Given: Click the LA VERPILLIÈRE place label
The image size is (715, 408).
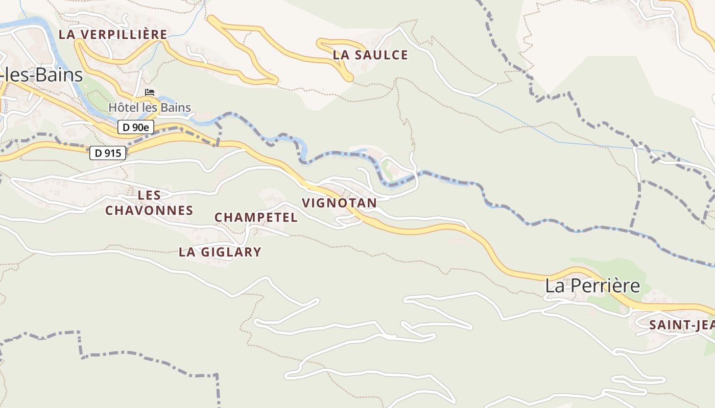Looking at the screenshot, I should pyautogui.click(x=113, y=34).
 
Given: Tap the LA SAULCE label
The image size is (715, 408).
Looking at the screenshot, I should pyautogui.click(x=370, y=55).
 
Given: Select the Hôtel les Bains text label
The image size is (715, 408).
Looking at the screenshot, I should pyautogui.click(x=150, y=108).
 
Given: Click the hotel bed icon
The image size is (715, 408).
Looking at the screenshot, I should pyautogui.click(x=149, y=92).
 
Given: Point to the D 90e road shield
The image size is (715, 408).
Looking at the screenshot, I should pyautogui.click(x=136, y=127).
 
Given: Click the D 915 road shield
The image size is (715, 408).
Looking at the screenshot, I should pyautogui.click(x=108, y=152).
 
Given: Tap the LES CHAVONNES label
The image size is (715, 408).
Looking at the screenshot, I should pyautogui.click(x=149, y=202).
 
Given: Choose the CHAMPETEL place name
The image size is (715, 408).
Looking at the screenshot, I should pyautogui.click(x=256, y=217).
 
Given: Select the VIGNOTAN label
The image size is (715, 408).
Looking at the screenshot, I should pyautogui.click(x=339, y=203).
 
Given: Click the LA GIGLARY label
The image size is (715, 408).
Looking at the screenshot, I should pyautogui.click(x=220, y=252).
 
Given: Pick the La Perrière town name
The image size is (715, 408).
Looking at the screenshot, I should pyautogui.click(x=592, y=286).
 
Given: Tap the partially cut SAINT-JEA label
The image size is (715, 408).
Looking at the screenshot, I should pyautogui.click(x=681, y=325).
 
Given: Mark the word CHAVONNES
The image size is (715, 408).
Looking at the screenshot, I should pyautogui.click(x=149, y=210).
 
